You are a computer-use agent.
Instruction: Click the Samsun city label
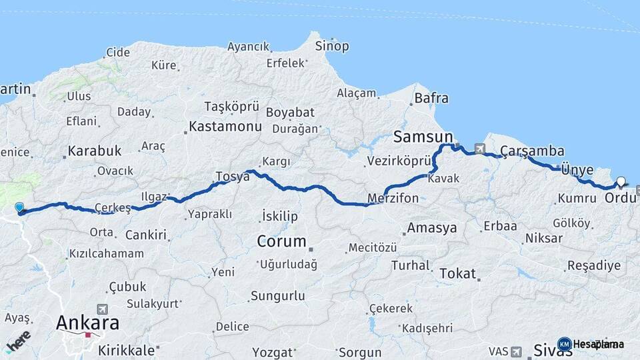click(x=423, y=137)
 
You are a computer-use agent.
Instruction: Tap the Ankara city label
click(x=87, y=323)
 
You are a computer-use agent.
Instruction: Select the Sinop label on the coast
click(x=331, y=46)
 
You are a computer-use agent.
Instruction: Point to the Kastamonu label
click(x=225, y=125)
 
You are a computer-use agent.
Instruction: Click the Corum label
click(x=281, y=241)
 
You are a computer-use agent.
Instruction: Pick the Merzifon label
click(x=393, y=198)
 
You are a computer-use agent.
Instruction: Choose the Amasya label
click(x=432, y=227)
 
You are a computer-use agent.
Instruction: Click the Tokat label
click(x=457, y=273)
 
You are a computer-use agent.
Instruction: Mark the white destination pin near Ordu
click(x=621, y=181)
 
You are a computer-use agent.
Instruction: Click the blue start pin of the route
click(x=19, y=208)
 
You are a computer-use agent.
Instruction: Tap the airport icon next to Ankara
click(x=102, y=309)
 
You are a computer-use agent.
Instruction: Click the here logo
click(x=19, y=343)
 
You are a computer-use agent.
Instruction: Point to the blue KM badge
click(x=564, y=344)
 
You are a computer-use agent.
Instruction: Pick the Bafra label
click(x=431, y=98)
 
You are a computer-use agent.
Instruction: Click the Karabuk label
click(x=94, y=151)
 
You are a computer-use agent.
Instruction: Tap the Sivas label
click(x=553, y=349)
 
